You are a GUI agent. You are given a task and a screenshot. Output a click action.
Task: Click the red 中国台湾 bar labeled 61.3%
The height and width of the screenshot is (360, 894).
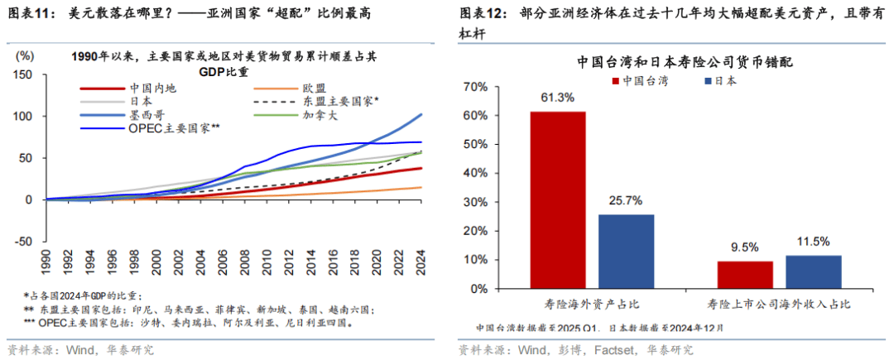(x=558, y=199)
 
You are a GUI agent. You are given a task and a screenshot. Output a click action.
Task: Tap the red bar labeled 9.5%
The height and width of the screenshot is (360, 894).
(x=745, y=273)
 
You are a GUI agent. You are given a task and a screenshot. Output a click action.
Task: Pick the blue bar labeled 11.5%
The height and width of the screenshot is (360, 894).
(x=813, y=271)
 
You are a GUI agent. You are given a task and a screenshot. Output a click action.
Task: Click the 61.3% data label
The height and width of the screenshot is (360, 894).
(x=558, y=98)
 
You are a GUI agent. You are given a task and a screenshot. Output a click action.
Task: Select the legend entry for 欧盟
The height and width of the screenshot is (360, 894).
(x=314, y=88)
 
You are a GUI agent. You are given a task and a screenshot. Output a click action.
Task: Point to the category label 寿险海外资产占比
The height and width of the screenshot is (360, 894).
(x=591, y=305)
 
